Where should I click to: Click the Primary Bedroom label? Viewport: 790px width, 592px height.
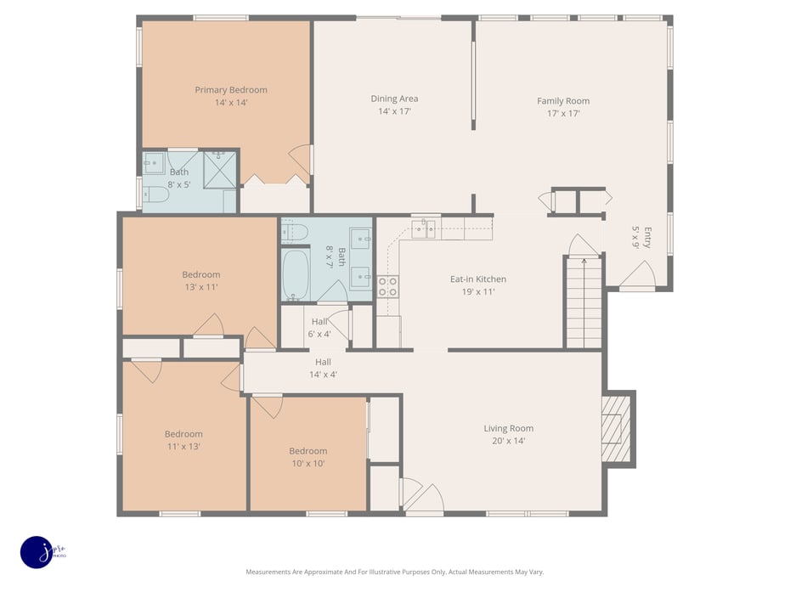coord(230,96)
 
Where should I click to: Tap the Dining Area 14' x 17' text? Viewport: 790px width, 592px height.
coord(394,104)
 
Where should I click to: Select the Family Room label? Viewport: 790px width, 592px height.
coord(562,107)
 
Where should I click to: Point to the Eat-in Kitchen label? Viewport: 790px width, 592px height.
coord(477,285)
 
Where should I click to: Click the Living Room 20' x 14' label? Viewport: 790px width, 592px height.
coord(508,434)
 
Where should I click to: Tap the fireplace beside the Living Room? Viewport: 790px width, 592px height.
coord(618,428)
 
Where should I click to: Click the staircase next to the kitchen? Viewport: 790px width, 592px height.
coord(584,302)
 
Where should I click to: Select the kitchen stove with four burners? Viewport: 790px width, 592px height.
coord(388,286)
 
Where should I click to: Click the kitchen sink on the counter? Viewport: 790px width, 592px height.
coord(425,228)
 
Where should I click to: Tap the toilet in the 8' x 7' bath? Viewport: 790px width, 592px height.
coord(294,231)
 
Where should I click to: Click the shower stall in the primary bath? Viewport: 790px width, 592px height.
coord(220,170)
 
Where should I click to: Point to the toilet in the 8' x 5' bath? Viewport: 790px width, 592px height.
coord(155,195)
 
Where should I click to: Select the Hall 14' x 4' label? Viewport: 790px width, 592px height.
coord(323,368)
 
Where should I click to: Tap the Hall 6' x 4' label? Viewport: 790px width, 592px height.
coord(319,327)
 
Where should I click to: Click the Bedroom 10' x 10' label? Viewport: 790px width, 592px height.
coord(308,457)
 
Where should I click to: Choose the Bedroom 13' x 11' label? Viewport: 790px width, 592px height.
coord(200,280)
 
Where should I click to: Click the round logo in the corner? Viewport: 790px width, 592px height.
coord(37,553)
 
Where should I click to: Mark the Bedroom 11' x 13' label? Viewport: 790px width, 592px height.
coord(183,440)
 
